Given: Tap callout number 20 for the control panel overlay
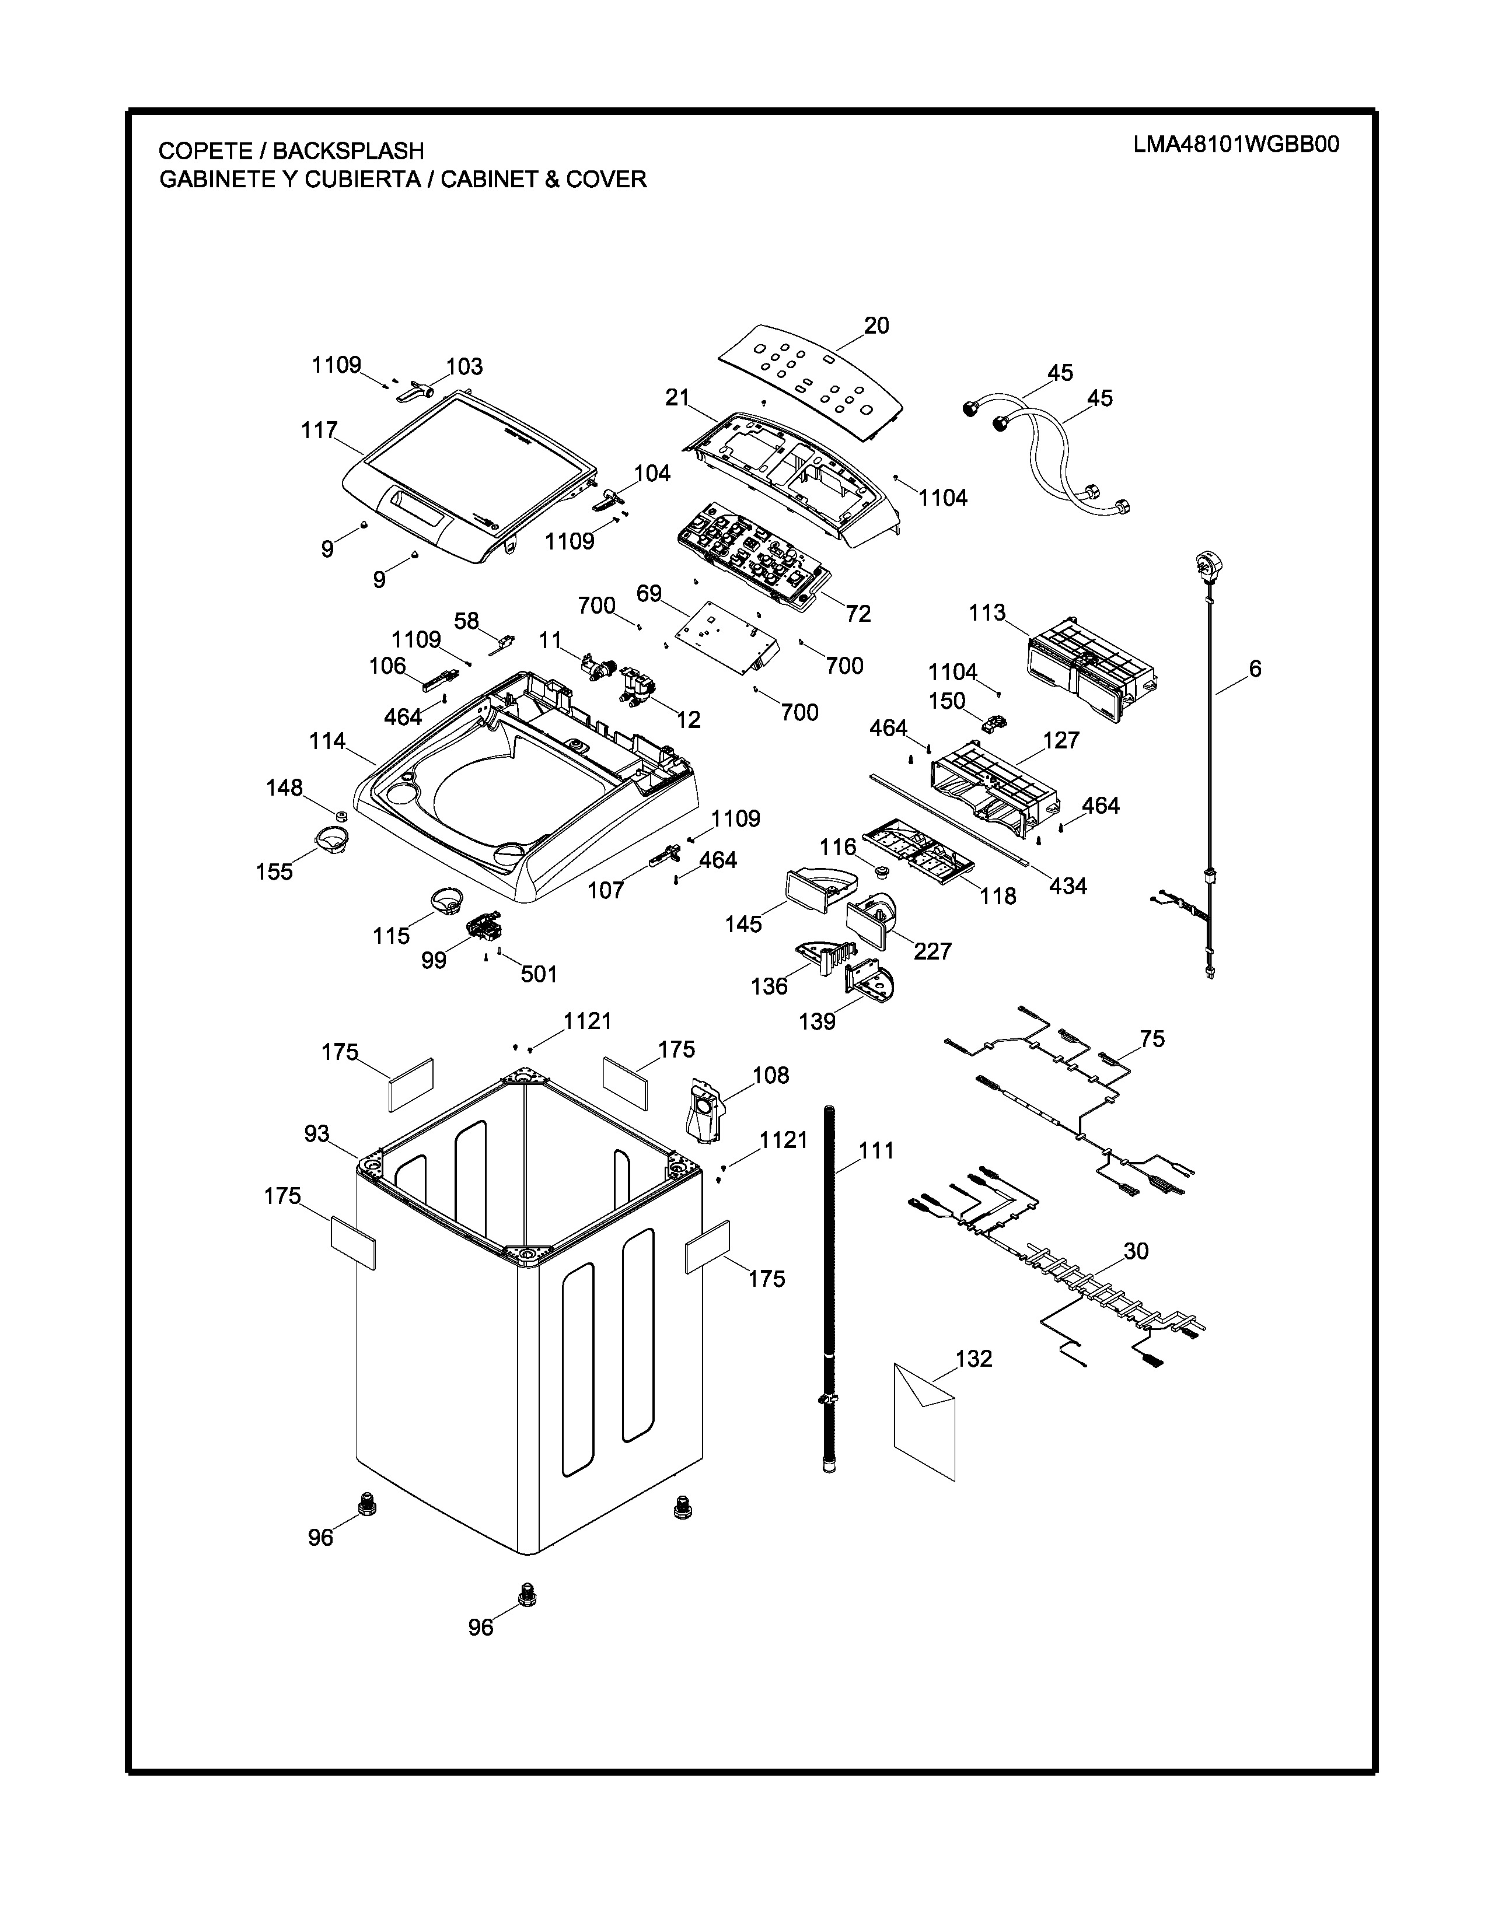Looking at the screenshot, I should (x=876, y=326).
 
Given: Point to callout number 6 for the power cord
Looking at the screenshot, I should (x=1255, y=669).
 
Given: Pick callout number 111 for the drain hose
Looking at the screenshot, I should (x=876, y=1150).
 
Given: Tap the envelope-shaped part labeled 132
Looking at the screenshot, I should (x=925, y=1419).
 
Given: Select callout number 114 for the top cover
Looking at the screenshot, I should (x=327, y=741).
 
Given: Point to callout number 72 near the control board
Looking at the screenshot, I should (x=858, y=614).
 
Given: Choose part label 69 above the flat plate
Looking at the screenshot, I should (x=649, y=593).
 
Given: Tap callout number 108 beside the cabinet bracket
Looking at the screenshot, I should (x=770, y=1074).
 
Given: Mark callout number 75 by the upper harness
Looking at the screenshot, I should (x=1152, y=1039).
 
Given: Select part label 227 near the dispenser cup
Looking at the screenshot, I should (x=932, y=950).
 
